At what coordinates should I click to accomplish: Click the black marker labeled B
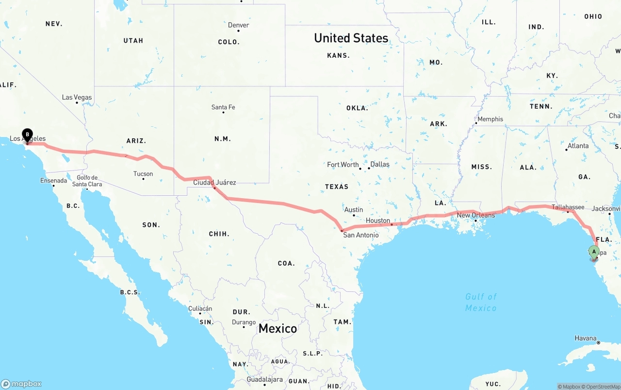pyautogui.click(x=28, y=135)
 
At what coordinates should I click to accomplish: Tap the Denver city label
pyautogui.click(x=238, y=25)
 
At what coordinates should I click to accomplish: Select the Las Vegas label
pyautogui.click(x=77, y=97)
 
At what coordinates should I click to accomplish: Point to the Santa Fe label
pyautogui.click(x=223, y=107)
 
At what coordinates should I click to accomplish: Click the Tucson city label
pyautogui.click(x=143, y=173)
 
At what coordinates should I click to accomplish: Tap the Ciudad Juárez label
pyautogui.click(x=214, y=183)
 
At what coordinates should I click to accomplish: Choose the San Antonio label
pyautogui.click(x=361, y=235)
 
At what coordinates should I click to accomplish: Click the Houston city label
pyautogui.click(x=378, y=220)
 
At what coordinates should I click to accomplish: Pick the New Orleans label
pyautogui.click(x=476, y=215)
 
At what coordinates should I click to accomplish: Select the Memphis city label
pyautogui.click(x=490, y=119)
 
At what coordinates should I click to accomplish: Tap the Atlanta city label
pyautogui.click(x=578, y=146)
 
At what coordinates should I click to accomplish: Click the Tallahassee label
pyautogui.click(x=568, y=207)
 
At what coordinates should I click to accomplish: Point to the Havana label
pyautogui.click(x=586, y=338)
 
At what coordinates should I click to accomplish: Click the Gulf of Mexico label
pyautogui.click(x=481, y=302)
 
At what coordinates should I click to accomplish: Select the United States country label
pyautogui.click(x=351, y=38)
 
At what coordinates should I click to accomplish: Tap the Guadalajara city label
pyautogui.click(x=264, y=379)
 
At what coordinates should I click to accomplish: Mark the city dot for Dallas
pyautogui.click(x=369, y=168)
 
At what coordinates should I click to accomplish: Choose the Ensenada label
pyautogui.click(x=53, y=181)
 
